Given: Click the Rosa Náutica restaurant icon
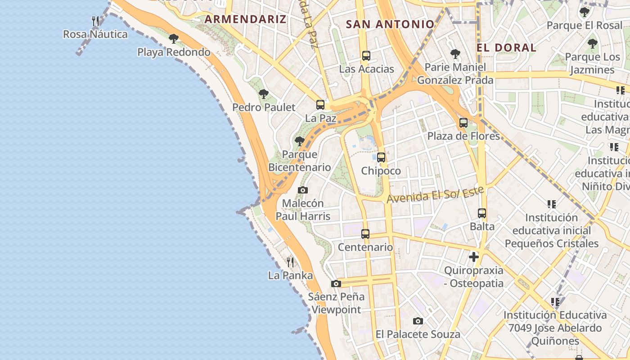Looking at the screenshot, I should [x=95, y=21].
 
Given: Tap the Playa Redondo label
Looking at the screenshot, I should [x=174, y=52].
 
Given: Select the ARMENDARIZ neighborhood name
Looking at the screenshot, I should [x=245, y=19].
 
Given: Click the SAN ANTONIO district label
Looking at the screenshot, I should [x=390, y=24].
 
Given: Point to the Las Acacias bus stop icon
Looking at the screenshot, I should [x=366, y=56].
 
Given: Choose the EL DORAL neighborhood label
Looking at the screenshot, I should [x=506, y=47].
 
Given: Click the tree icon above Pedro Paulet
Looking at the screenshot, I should [x=264, y=94].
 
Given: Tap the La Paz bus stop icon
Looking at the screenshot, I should [x=320, y=105].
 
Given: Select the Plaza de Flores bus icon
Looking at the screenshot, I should [x=463, y=122].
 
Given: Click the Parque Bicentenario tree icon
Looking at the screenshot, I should [x=300, y=141].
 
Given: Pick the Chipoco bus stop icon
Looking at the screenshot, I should [x=381, y=157].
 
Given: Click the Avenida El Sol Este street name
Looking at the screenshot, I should [x=435, y=194].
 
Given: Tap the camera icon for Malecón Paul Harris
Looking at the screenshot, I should [x=303, y=190].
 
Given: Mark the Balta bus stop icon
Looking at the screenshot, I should [x=482, y=213].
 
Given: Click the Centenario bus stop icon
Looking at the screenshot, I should [x=365, y=234].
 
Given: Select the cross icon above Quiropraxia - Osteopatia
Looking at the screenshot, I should [x=473, y=257].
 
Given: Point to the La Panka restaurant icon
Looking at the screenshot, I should [x=290, y=261].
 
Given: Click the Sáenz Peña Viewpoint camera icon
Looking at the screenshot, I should [x=336, y=283].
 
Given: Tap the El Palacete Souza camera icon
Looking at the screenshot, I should [x=418, y=321].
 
